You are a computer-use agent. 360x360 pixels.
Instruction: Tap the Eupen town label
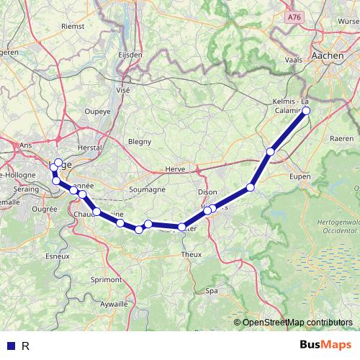tap(298, 175)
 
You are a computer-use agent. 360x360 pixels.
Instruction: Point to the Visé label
tap(123, 91)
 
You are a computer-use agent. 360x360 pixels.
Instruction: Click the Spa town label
tap(212, 291)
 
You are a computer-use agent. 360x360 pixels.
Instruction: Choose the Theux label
tap(191, 255)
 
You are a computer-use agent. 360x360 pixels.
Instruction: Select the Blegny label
tap(140, 142)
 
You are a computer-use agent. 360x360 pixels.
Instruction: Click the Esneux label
tap(58, 255)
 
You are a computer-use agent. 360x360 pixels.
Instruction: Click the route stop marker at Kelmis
tap(306, 111)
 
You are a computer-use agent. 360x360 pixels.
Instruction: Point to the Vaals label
tap(294, 60)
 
